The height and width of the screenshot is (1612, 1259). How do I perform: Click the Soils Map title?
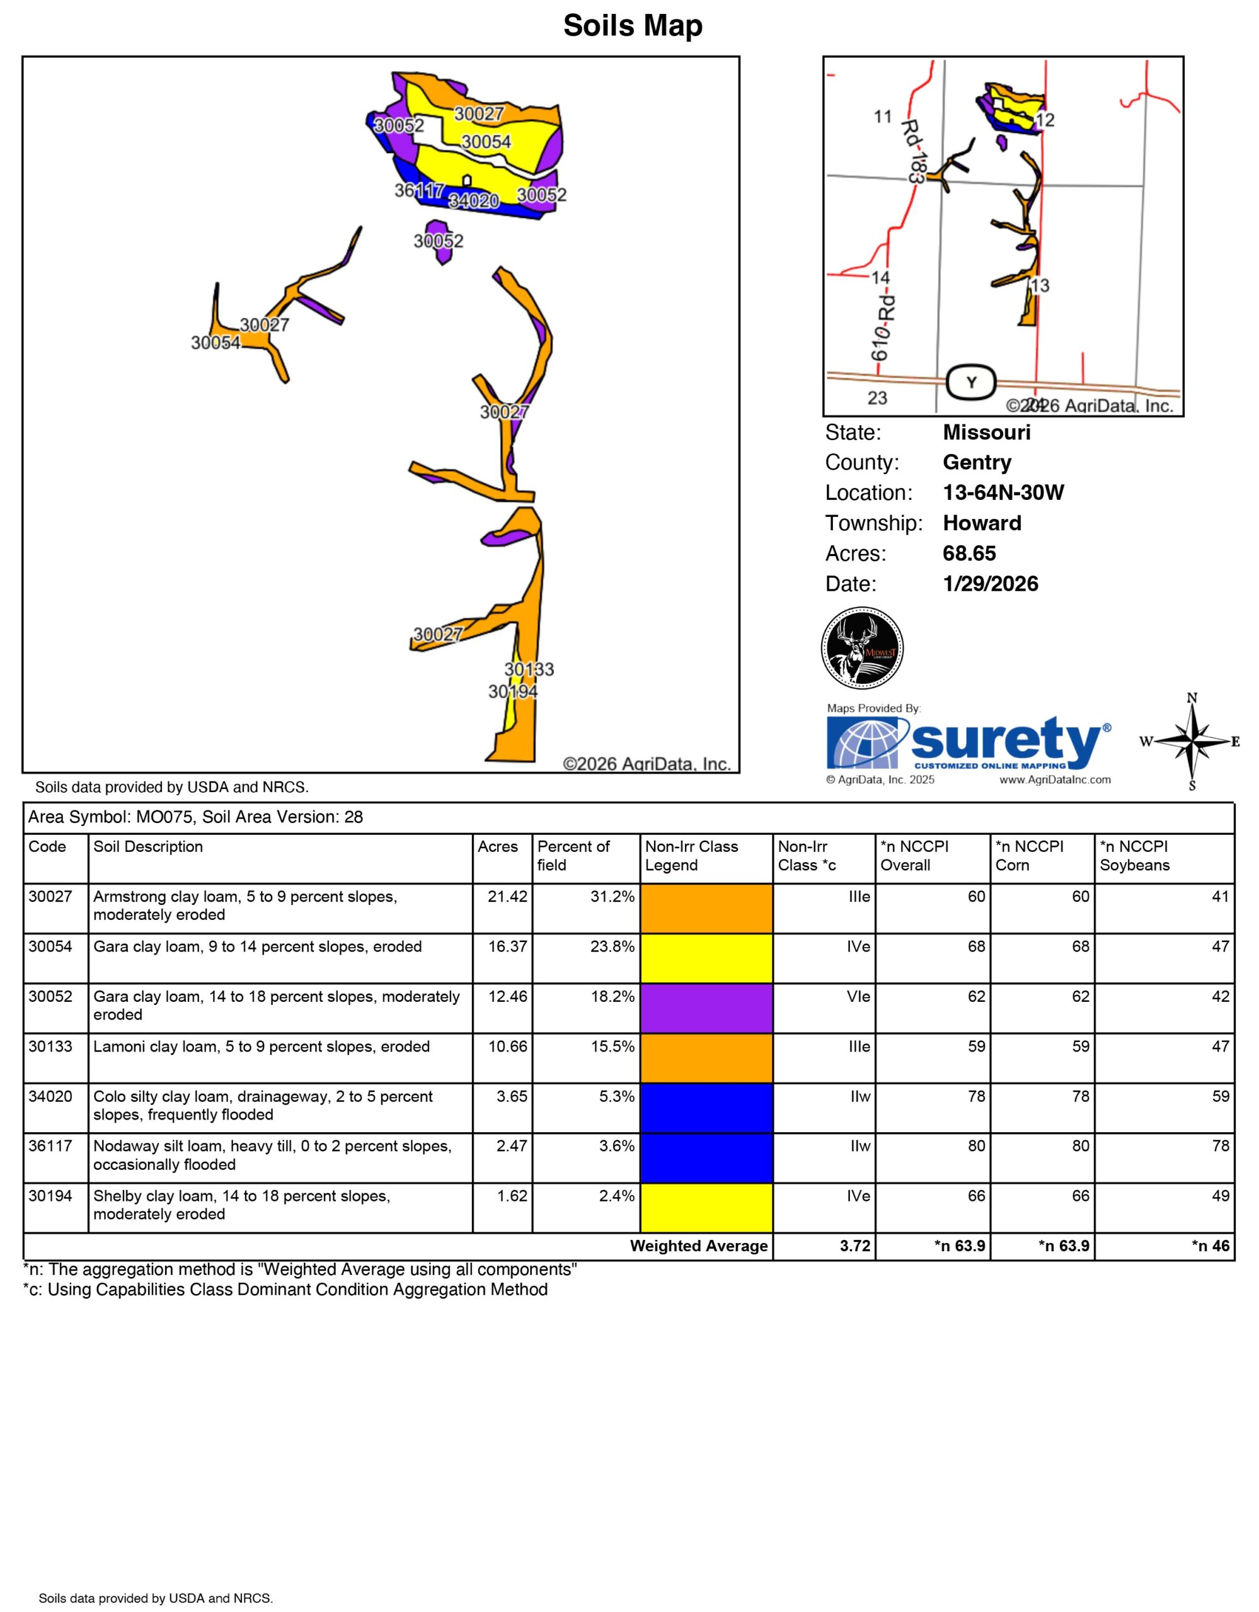click(632, 26)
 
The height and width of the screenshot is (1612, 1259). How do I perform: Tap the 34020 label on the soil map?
click(473, 200)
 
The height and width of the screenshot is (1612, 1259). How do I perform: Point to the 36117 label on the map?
click(418, 190)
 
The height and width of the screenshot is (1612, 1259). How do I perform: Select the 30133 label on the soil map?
click(529, 669)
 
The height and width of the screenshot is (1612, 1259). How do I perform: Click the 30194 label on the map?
click(512, 691)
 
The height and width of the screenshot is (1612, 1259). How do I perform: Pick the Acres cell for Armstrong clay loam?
click(507, 897)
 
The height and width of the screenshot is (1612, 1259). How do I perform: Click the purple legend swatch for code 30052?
click(706, 1007)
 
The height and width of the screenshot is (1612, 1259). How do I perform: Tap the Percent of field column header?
click(574, 856)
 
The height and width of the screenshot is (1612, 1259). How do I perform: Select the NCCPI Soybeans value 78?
click(1220, 1146)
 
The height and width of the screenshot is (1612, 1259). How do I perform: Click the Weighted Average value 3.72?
click(855, 1246)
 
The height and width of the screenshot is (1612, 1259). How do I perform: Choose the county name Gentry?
click(976, 463)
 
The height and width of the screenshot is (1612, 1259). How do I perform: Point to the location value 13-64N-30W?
click(1003, 493)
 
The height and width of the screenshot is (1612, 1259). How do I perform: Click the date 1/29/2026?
click(990, 584)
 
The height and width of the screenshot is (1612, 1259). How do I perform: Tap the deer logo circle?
click(862, 648)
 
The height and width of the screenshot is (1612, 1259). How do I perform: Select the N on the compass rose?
click(1191, 698)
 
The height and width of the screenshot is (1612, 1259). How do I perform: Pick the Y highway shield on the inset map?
click(971, 382)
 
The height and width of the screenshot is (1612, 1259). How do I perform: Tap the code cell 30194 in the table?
click(50, 1196)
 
